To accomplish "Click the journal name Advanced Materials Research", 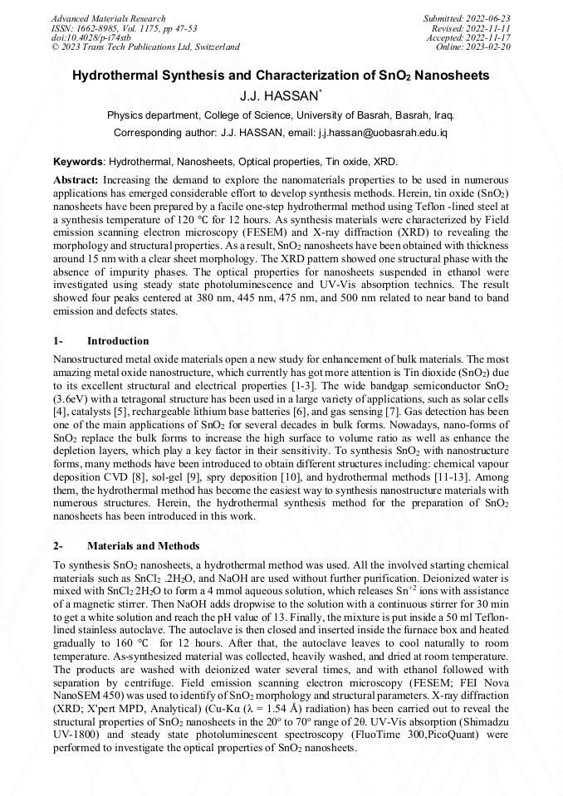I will point(108,18).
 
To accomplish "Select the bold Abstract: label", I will point(76,179).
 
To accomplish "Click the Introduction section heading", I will point(118,341).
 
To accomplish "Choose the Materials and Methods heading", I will point(143,546).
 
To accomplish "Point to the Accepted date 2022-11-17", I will point(490,37).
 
